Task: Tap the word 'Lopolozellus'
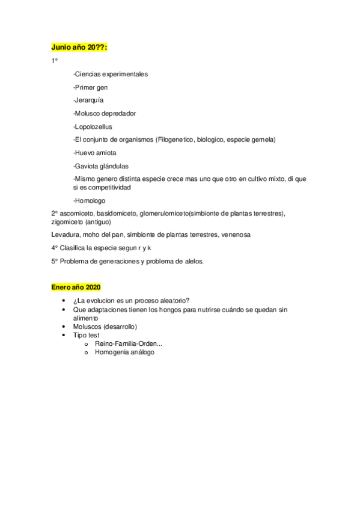[94, 127]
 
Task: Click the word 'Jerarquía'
[88, 100]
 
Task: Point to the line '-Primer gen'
[90, 87]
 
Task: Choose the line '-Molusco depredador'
[105, 114]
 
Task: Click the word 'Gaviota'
[87, 166]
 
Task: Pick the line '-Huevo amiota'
[94, 153]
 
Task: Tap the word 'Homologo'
[90, 201]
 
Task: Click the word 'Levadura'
[66, 235]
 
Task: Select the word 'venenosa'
[236, 235]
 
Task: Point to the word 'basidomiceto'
[118, 214]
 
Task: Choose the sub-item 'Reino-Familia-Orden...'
[128, 343]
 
